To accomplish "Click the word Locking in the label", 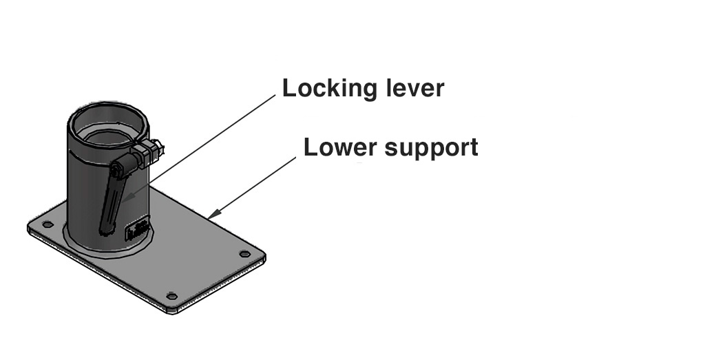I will click(x=330, y=89).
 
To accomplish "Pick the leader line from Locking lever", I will click(x=207, y=145).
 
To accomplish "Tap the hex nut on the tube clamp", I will click(x=152, y=153).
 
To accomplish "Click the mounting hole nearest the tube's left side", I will click(x=47, y=224).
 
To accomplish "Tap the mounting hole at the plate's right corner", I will click(x=244, y=254).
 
